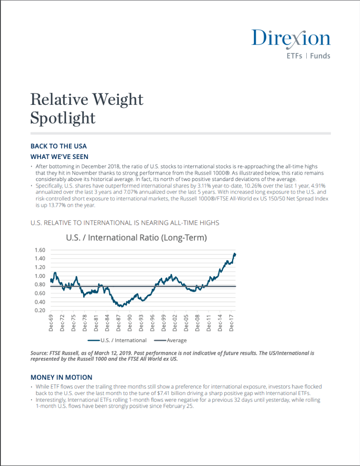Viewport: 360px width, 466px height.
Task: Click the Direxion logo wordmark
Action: pyautogui.click(x=291, y=38)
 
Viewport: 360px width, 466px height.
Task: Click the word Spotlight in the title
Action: pyautogui.click(x=63, y=118)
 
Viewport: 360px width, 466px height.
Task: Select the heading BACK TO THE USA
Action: pyautogui.click(x=59, y=146)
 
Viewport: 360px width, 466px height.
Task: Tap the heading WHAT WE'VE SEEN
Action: pyautogui.click(x=60, y=156)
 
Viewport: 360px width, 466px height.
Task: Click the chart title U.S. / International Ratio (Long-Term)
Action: pyautogui.click(x=136, y=238)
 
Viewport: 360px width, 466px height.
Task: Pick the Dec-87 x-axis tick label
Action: pyautogui.click(x=119, y=323)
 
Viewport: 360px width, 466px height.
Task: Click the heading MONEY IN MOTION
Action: pyautogui.click(x=61, y=377)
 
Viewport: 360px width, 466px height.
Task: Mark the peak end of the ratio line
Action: pyautogui.click(x=235, y=254)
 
